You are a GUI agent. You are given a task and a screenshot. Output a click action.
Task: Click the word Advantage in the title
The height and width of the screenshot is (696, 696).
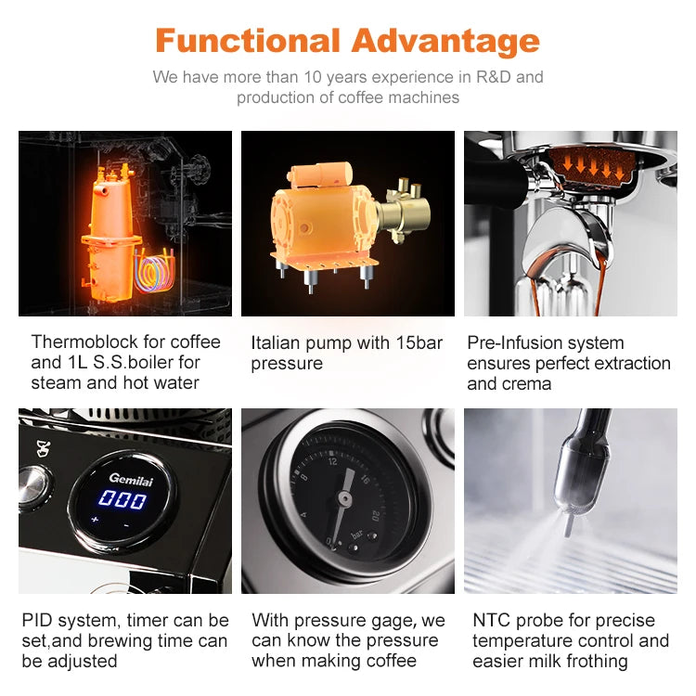445,41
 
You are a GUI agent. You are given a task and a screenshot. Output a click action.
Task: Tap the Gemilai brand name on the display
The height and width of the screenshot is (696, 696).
128,477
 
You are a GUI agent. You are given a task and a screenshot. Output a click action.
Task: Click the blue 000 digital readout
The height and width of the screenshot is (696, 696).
122,500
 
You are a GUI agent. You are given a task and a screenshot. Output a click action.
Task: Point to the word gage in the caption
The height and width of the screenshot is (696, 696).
393,620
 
